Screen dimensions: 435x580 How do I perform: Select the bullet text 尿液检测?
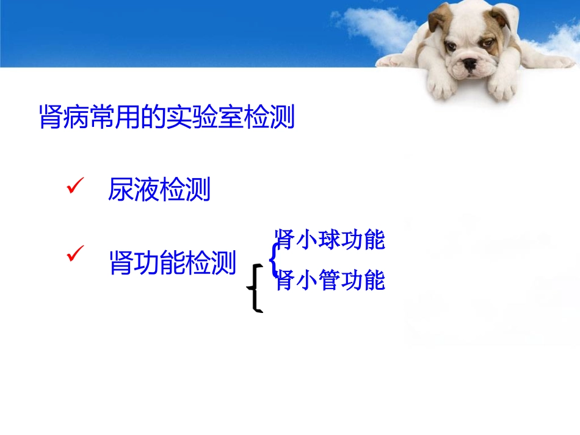click(159, 190)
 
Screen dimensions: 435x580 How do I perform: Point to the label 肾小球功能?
click(330, 240)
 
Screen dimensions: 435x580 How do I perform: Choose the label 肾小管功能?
click(330, 281)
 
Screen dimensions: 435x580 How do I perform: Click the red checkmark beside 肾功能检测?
click(75, 255)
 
